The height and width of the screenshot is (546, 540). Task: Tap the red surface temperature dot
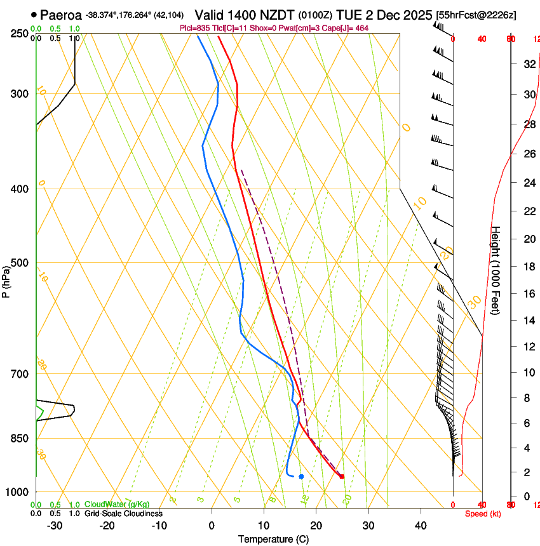click(x=342, y=476)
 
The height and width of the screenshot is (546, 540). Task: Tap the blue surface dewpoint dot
click(x=301, y=476)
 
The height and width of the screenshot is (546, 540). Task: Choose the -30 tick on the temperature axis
click(x=55, y=526)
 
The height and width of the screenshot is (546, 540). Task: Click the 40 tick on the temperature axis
click(x=421, y=526)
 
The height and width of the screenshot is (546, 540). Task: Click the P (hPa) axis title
click(x=6, y=279)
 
